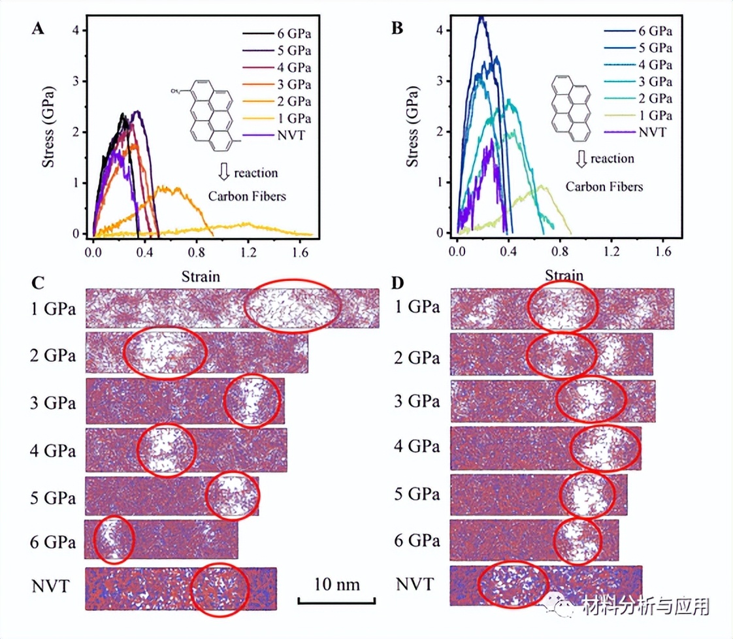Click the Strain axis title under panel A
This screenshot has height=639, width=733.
point(200,277)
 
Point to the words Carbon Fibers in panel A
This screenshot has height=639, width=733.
point(247,196)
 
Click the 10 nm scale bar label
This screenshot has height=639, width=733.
point(336,583)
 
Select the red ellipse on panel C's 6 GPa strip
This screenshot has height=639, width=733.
point(114,540)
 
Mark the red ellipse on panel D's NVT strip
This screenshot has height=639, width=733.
point(513,584)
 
